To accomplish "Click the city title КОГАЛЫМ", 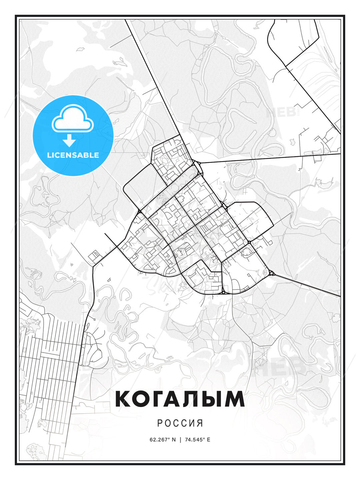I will [x=180, y=399].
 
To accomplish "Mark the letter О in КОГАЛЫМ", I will [x=143, y=399].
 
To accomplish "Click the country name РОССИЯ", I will [x=180, y=423].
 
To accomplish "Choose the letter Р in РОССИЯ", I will [x=160, y=423].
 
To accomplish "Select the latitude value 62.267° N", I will [x=163, y=439].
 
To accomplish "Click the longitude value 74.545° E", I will [x=197, y=439].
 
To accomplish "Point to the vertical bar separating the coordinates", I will [x=180, y=439].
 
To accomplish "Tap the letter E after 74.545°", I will [x=209, y=439].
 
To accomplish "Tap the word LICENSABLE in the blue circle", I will [x=73, y=155].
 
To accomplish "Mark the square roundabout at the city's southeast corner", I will [x=272, y=274].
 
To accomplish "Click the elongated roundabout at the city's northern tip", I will [x=196, y=165].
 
